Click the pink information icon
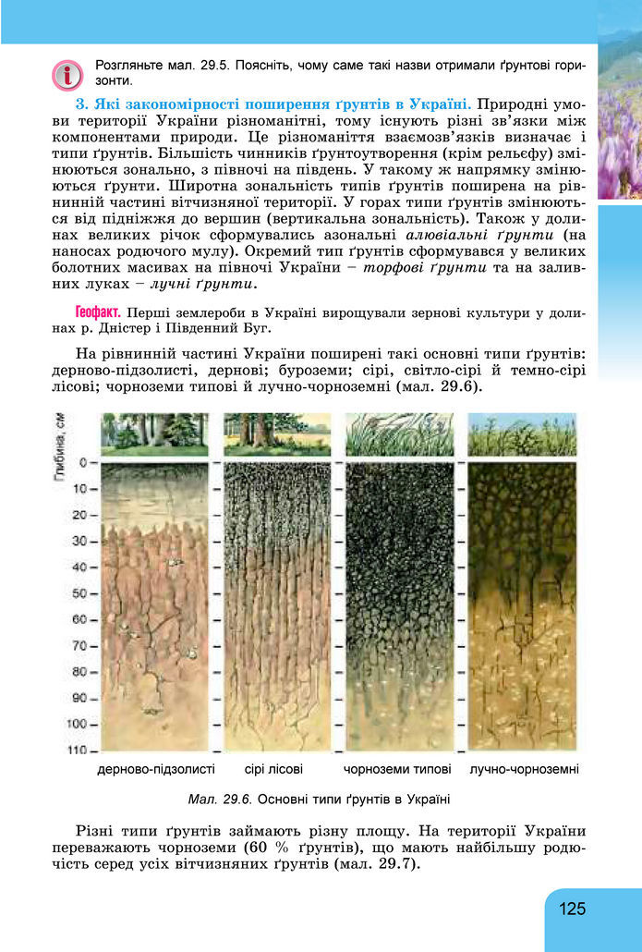pos(68,75)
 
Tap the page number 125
pos(572,909)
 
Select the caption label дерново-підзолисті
pos(156,769)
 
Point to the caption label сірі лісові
pos(274,769)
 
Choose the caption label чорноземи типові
pos(397,769)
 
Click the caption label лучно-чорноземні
pos(524,769)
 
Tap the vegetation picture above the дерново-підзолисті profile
pos(155,433)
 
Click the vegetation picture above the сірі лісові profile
pos(277,433)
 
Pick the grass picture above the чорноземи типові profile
pos(399,433)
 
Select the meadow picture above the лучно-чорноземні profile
pos(522,433)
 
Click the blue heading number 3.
pos(80,104)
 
